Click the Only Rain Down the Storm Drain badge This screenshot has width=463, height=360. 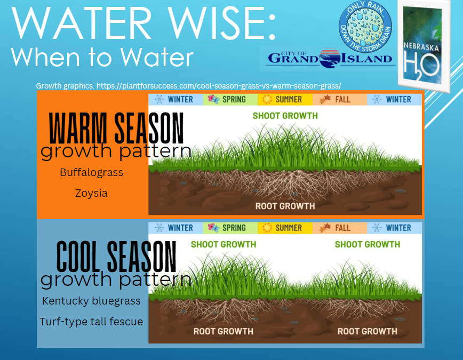point(365,26)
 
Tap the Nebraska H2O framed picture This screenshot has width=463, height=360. point(424,45)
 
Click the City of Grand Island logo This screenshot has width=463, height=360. point(330,59)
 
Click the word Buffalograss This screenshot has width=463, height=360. point(92,172)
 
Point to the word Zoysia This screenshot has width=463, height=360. point(91,193)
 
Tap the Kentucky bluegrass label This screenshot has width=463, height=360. point(91,301)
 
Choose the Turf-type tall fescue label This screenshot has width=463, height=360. point(91,322)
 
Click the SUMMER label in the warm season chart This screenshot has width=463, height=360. point(289,100)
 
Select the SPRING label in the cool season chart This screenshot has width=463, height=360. point(234,228)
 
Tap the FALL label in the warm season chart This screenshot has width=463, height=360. point(342,100)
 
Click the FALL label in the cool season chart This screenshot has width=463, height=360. point(342,228)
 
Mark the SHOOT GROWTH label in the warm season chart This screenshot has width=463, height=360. point(285,116)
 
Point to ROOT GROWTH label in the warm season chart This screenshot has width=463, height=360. point(285,206)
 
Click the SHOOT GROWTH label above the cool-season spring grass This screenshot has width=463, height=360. point(223,244)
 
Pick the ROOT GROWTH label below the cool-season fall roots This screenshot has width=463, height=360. point(368,331)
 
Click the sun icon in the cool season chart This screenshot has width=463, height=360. point(267,228)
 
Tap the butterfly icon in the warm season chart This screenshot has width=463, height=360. point(213,99)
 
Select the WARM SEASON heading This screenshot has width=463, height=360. point(116,128)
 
